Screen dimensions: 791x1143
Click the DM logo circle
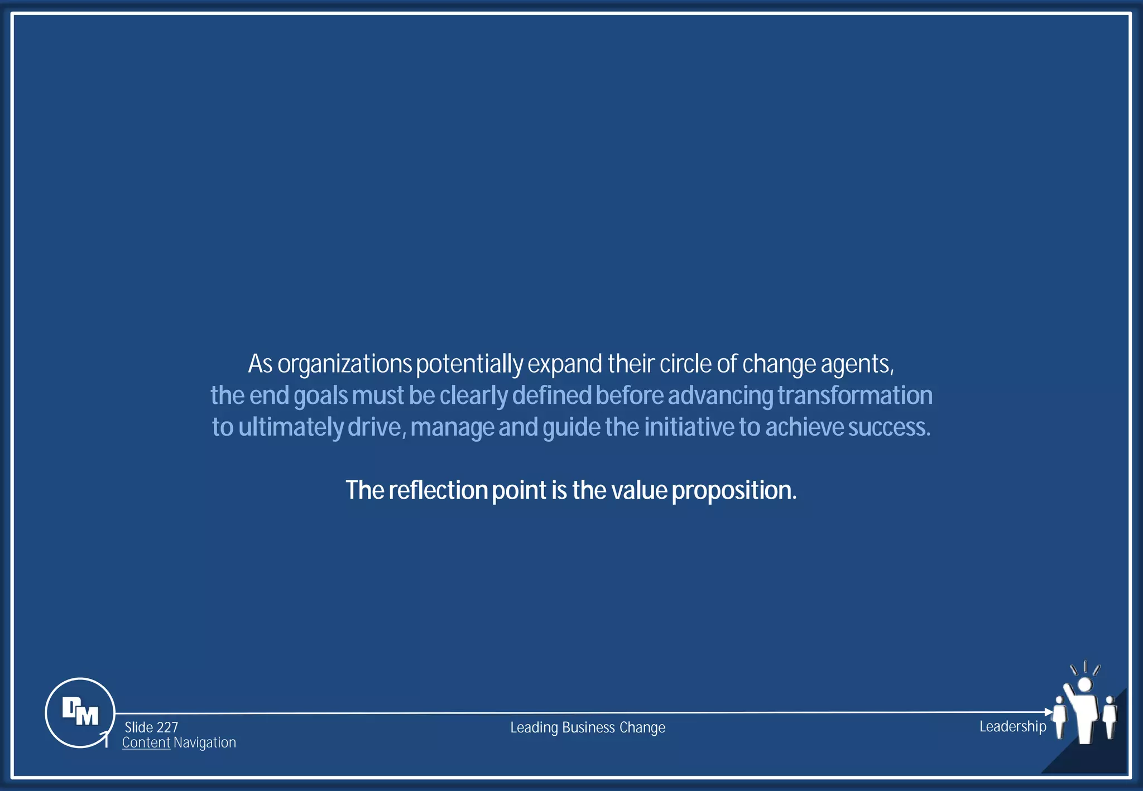coord(80,712)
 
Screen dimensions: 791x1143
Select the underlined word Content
coord(146,743)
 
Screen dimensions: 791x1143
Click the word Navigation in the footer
coord(205,743)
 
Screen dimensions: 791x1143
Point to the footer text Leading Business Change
coord(588,727)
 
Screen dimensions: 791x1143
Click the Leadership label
coord(1012,726)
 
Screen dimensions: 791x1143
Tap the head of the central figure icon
coord(1084,684)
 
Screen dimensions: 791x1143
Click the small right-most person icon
coord(1110,716)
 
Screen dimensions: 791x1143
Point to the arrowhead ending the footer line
coord(1049,712)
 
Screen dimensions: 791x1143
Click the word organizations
coord(344,364)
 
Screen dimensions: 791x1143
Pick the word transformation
coord(854,395)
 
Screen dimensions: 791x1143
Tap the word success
coord(889,427)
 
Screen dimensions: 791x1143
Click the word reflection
coord(438,490)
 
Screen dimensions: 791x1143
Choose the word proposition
coord(733,490)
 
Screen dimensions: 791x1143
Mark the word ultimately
coord(291,427)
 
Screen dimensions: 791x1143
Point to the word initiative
coord(689,427)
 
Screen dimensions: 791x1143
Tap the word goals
coord(320,395)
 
